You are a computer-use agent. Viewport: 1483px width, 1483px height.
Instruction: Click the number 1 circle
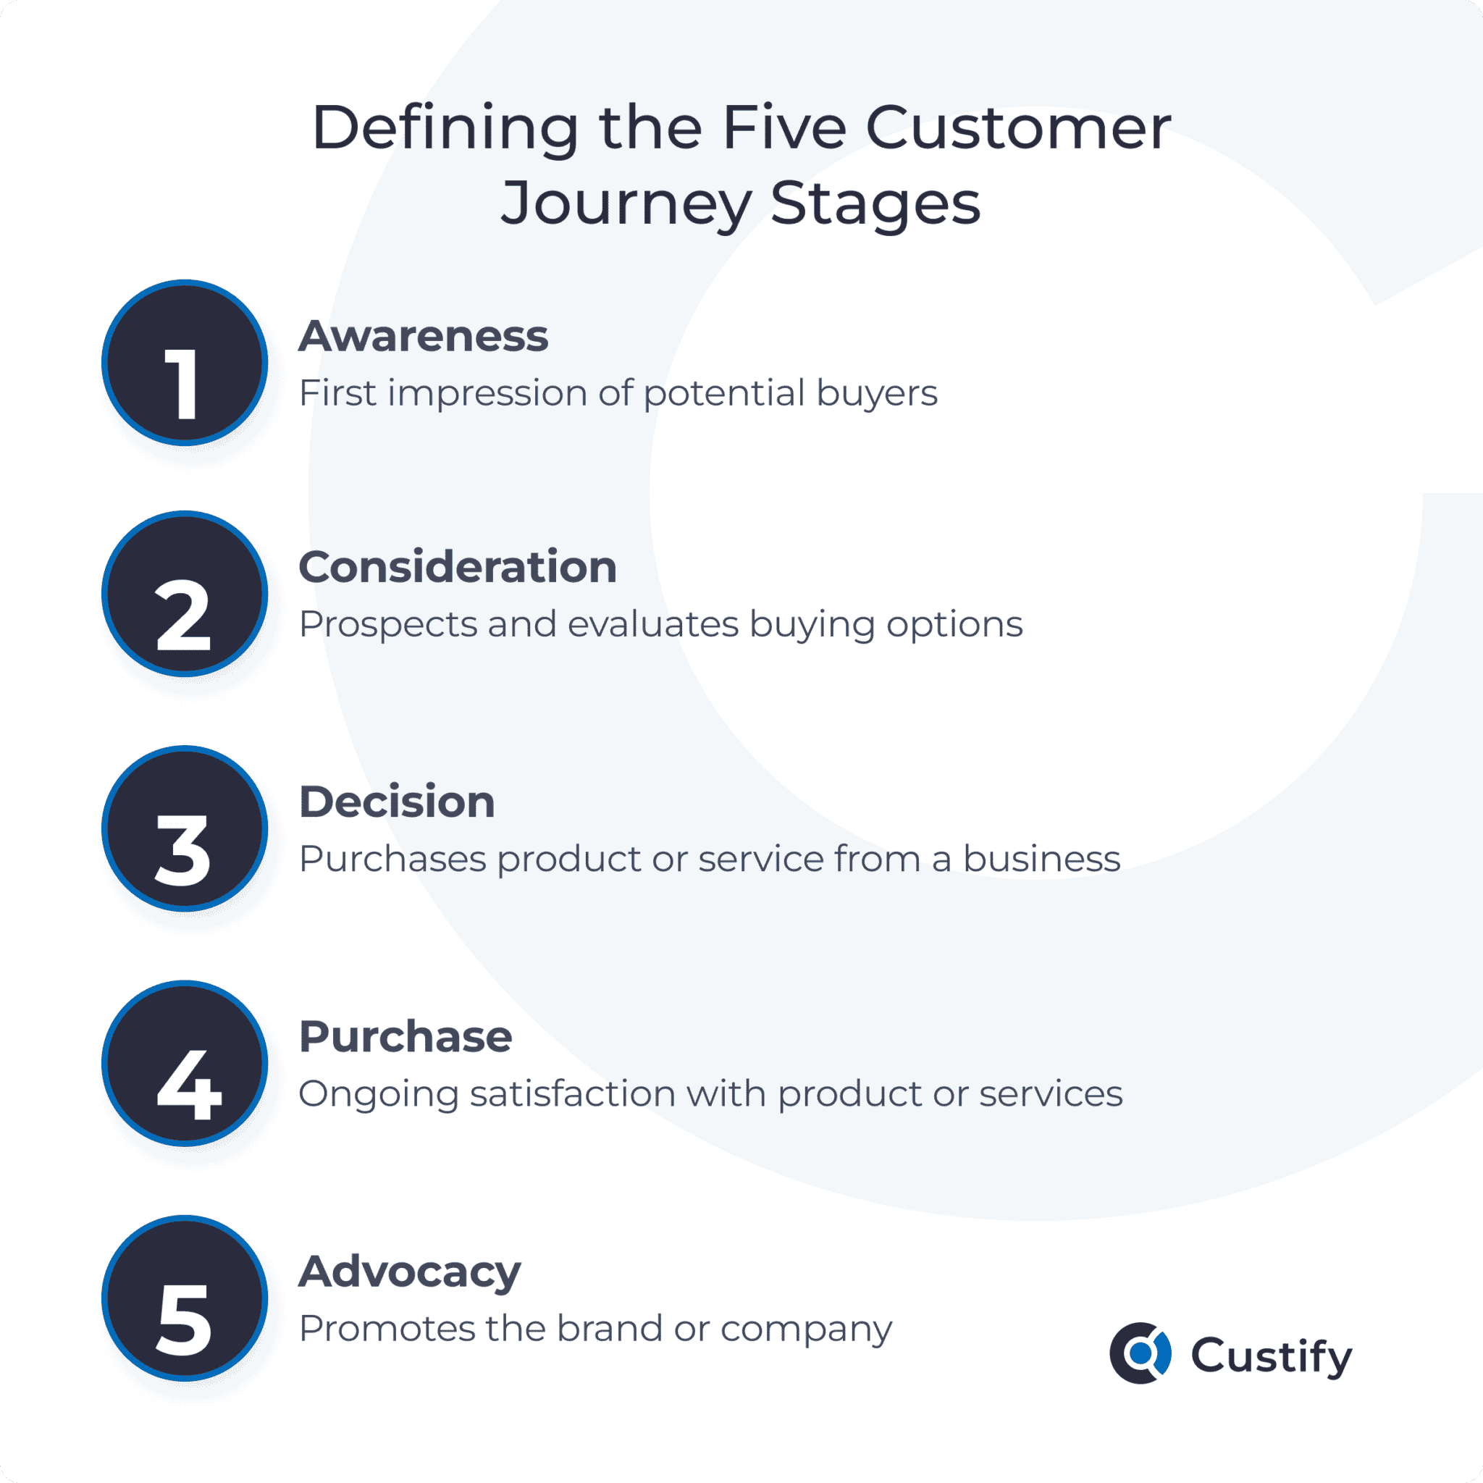[x=185, y=362]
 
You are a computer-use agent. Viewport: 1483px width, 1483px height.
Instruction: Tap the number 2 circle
[x=185, y=593]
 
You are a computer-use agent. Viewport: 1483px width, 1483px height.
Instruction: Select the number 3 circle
[x=185, y=828]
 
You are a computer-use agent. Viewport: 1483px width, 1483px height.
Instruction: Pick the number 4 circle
[x=185, y=1063]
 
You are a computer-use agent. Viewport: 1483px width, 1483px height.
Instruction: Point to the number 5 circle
[x=185, y=1298]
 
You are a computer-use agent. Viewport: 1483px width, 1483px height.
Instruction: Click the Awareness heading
[x=424, y=336]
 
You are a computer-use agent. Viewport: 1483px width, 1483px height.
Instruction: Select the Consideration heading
[x=458, y=567]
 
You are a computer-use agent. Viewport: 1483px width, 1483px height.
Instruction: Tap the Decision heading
[x=397, y=802]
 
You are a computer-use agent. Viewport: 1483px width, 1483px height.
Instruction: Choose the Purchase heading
[x=406, y=1037]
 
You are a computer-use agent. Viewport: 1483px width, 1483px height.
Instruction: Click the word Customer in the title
[x=1019, y=127]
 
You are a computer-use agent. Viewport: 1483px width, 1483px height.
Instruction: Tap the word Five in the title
[x=784, y=127]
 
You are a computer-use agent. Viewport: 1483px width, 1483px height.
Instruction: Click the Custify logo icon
[x=1140, y=1353]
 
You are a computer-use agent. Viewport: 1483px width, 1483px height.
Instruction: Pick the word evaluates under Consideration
[x=653, y=624]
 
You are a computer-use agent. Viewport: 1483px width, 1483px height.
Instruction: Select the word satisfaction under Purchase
[x=573, y=1094]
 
